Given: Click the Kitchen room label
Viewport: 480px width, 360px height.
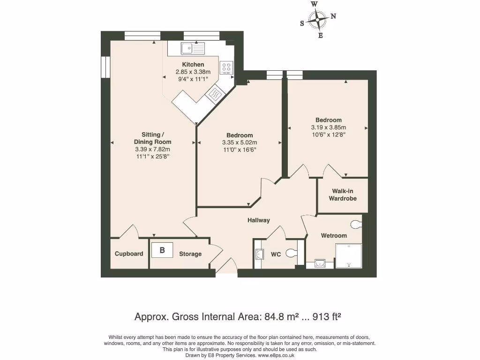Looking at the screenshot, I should [x=193, y=65].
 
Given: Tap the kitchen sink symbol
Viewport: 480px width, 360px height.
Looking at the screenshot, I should [x=193, y=48].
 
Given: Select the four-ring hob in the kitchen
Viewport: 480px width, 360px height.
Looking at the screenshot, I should [x=226, y=68].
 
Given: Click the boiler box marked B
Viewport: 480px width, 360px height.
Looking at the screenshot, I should [x=162, y=250].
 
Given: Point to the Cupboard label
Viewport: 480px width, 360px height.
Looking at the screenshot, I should [x=129, y=254].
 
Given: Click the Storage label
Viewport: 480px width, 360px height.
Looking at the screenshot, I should [x=190, y=254].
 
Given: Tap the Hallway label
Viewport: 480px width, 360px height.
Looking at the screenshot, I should [x=259, y=220].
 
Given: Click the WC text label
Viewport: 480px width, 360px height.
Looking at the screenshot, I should [x=276, y=255].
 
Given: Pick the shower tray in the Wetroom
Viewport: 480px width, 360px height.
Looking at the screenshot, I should [x=349, y=256].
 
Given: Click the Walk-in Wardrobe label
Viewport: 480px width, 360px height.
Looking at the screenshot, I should [x=345, y=195].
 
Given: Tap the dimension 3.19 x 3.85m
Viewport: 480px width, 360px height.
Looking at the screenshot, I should [x=328, y=127].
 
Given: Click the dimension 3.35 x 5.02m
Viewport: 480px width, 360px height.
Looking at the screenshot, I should [x=240, y=143].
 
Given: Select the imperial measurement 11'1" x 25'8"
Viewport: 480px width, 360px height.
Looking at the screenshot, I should [x=152, y=157].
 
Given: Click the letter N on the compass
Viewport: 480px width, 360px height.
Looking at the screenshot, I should [x=333, y=16].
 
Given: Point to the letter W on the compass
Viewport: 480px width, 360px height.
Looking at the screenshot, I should [x=315, y=4].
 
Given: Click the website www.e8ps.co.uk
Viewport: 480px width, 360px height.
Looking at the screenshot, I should [x=276, y=355].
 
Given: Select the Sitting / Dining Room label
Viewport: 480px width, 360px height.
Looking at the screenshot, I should [x=152, y=138].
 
